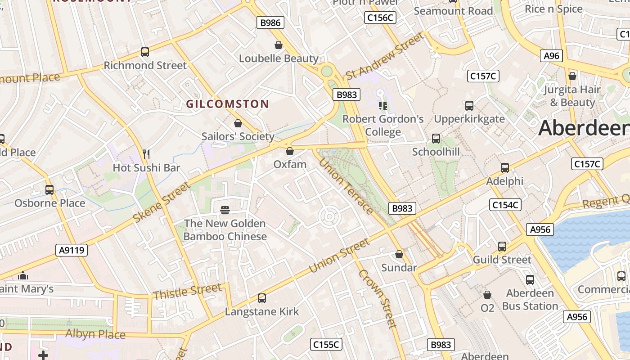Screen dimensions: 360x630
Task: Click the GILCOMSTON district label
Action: [228, 104]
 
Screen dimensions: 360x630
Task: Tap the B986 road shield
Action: [270, 22]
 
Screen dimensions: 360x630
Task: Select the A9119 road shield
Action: [72, 250]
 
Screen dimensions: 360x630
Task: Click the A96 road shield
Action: [551, 56]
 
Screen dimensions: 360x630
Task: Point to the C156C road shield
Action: [380, 18]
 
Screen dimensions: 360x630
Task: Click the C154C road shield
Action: [505, 205]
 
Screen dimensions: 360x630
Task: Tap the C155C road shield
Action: [326, 345]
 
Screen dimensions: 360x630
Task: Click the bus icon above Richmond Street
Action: [145, 52]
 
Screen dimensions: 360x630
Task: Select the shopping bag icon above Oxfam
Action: [290, 151]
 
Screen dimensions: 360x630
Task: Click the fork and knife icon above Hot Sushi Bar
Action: [146, 154]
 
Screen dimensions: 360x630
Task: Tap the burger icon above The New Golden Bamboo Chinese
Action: [225, 210]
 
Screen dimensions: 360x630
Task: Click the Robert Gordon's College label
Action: [383, 126]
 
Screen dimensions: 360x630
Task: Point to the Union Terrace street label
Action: [346, 186]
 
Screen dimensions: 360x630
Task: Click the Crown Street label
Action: [377, 299]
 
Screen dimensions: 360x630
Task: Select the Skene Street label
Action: [162, 202]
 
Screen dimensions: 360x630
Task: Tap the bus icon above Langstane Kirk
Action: [261, 298]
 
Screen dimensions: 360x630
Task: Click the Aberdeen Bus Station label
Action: [530, 300]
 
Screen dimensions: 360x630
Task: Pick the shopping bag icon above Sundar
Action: [399, 254]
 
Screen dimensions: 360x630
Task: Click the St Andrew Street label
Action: [385, 56]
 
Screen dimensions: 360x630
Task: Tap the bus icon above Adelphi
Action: [505, 168]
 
